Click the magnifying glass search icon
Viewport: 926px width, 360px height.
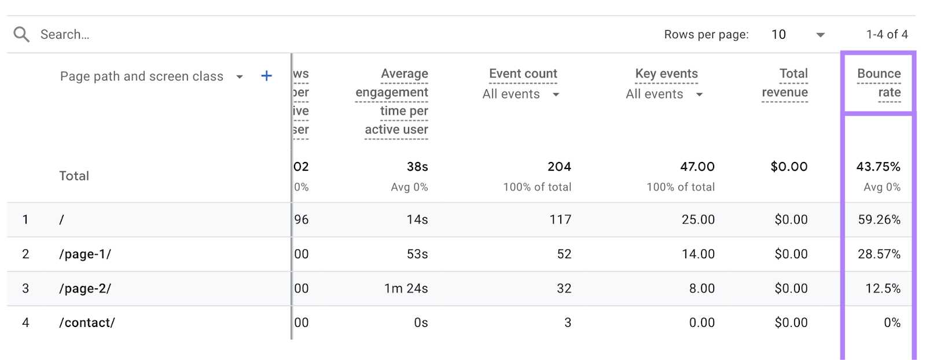click(21, 35)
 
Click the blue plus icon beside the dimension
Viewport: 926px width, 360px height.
click(266, 76)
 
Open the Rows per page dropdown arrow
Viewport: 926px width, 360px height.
click(820, 35)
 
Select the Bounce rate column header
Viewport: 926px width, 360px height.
click(879, 83)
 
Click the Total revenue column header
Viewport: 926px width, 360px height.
click(785, 83)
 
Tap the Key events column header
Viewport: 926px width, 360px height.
click(666, 74)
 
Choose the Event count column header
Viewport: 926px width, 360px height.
click(523, 74)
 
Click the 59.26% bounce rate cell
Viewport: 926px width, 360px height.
click(879, 219)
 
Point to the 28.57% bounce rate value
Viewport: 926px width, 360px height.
click(879, 254)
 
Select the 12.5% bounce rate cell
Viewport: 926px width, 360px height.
click(883, 288)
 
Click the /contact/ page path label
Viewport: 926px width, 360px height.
click(87, 322)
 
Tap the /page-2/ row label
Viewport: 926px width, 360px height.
click(85, 288)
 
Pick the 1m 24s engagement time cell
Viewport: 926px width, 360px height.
click(406, 288)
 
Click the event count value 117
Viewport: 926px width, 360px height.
click(560, 219)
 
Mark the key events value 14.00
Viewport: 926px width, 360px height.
click(698, 254)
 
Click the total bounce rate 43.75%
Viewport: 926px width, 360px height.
click(878, 167)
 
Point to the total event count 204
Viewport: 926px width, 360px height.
click(559, 167)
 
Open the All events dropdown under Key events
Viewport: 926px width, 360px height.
click(699, 94)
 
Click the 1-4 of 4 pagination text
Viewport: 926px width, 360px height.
click(887, 35)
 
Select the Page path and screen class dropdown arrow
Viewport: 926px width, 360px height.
click(240, 77)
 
